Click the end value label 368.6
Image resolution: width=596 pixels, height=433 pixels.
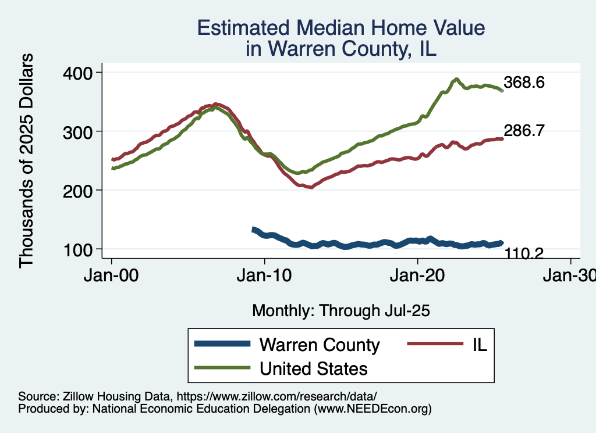pyautogui.click(x=524, y=83)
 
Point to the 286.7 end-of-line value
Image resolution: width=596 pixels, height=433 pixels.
pyautogui.click(x=524, y=131)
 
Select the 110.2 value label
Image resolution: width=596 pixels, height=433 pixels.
pyautogui.click(x=524, y=253)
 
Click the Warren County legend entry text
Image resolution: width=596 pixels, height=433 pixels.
pyautogui.click(x=320, y=345)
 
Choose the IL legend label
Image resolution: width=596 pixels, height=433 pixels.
pyautogui.click(x=478, y=345)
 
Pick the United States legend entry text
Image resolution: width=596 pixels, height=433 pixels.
pyautogui.click(x=314, y=368)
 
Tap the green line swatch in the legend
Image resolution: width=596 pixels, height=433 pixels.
pyautogui.click(x=223, y=368)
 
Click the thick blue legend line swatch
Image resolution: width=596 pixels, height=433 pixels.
pyautogui.click(x=223, y=345)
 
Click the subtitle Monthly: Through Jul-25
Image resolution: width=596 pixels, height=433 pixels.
pyautogui.click(x=340, y=311)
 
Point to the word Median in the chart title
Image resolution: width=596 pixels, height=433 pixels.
pyautogui.click(x=343, y=28)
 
